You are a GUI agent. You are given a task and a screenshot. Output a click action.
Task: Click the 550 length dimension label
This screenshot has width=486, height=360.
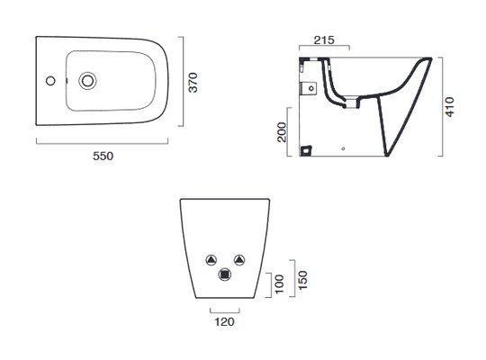[x=103, y=156]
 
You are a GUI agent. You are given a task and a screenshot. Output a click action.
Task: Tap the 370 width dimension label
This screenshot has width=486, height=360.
[x=193, y=83]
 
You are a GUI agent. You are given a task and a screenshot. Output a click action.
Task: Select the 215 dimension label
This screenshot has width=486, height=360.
[x=324, y=40]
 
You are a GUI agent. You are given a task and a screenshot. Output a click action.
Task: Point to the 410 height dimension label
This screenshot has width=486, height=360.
[x=449, y=107]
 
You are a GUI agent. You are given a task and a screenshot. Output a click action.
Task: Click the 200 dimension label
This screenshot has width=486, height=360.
[x=282, y=132]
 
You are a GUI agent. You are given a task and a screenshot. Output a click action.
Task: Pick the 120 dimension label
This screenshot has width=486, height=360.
[x=224, y=321]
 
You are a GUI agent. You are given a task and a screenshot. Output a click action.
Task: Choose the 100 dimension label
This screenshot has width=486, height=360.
[x=279, y=283]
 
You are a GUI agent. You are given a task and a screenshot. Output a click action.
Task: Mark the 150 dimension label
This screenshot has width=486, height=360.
[x=302, y=280]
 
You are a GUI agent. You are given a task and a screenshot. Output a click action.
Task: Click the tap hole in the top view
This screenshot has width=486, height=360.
[x=50, y=81]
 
